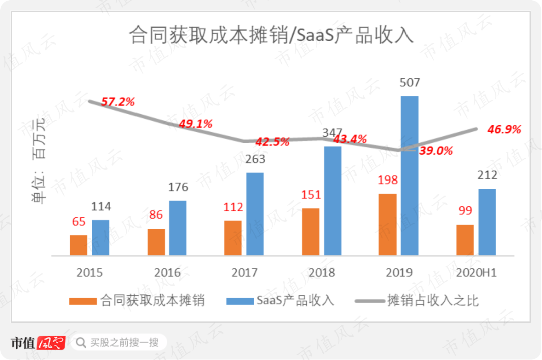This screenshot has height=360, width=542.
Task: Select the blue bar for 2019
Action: click(x=410, y=175)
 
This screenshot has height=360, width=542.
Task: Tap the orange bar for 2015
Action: click(x=78, y=245)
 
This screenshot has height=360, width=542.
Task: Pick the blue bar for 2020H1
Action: click(x=487, y=222)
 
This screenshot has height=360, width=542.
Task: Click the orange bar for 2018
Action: click(x=311, y=232)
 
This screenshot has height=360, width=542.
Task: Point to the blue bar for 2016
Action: click(x=177, y=228)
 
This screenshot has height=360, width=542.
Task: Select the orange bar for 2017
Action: click(x=233, y=238)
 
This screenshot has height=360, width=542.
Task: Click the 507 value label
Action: click(x=409, y=83)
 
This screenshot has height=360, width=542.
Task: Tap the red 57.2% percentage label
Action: click(x=118, y=102)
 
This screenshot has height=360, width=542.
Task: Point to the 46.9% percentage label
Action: click(x=504, y=130)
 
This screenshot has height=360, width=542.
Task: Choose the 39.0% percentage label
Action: click(x=436, y=151)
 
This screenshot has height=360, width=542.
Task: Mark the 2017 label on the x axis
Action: click(x=244, y=273)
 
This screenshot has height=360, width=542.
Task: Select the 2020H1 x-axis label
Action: click(x=476, y=273)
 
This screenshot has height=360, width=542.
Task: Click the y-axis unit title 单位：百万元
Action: click(x=38, y=160)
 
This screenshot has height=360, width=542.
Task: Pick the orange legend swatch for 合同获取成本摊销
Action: click(x=83, y=301)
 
